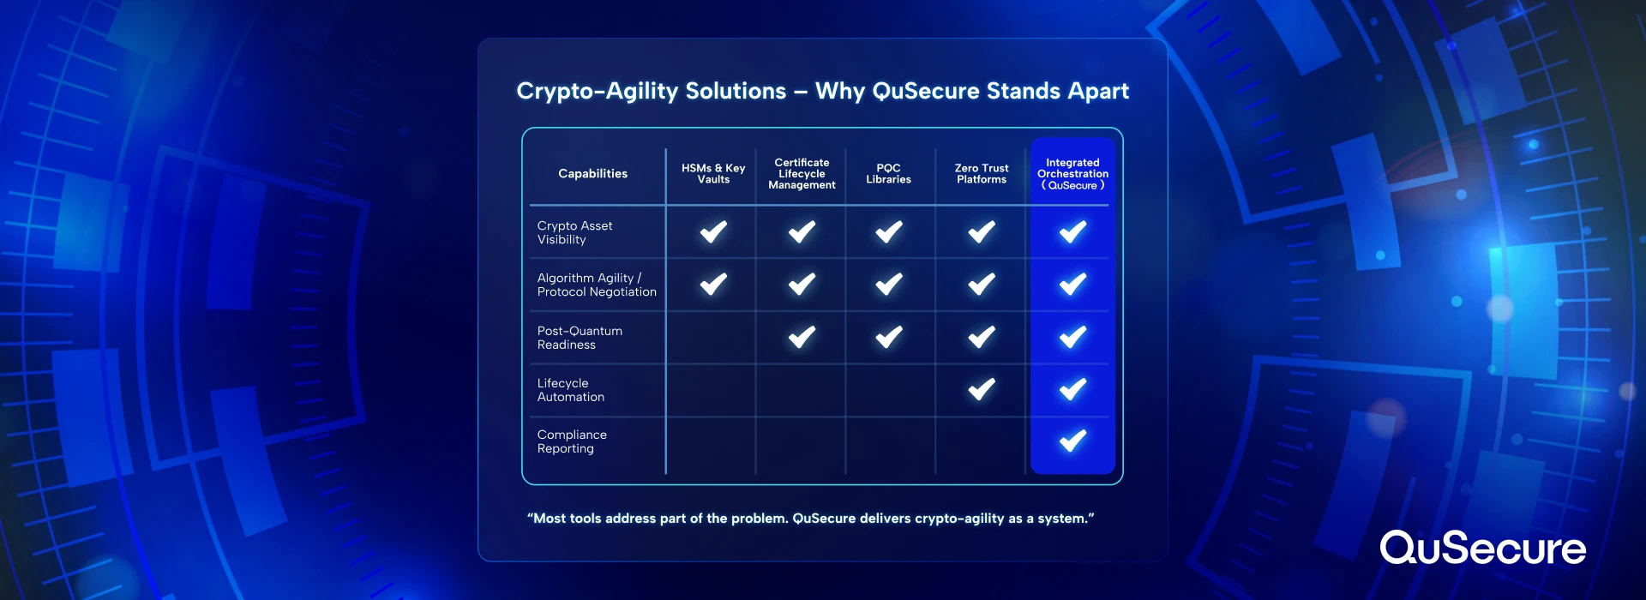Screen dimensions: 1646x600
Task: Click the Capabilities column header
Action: [x=592, y=174]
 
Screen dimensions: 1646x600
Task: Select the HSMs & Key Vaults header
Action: [x=713, y=174]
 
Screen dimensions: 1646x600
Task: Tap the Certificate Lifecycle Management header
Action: [x=802, y=174]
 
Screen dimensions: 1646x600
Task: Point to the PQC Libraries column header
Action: [x=888, y=174]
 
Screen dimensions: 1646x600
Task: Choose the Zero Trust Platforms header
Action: [x=982, y=174]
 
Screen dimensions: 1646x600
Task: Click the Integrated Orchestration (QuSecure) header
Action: [x=1072, y=174]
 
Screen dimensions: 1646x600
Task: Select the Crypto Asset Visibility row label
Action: [x=574, y=232]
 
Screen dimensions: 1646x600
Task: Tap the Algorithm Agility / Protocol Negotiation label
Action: [x=597, y=285]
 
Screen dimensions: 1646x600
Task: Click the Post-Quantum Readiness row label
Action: [x=580, y=338]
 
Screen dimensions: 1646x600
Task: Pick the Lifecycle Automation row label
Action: [x=570, y=390]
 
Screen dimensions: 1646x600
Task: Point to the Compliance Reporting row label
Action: [x=572, y=441]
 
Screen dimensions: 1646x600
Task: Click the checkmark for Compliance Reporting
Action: [x=1072, y=441]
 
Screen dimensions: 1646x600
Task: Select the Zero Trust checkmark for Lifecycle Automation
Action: [x=982, y=390]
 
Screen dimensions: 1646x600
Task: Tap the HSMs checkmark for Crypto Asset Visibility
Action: [x=713, y=232]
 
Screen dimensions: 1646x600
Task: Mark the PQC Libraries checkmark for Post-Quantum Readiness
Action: [x=889, y=338]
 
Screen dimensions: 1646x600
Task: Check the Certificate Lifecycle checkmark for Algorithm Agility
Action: [x=802, y=285]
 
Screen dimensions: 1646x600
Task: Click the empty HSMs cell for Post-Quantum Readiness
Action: [x=711, y=338]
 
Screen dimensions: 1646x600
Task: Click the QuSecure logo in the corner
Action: [x=1482, y=548]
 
